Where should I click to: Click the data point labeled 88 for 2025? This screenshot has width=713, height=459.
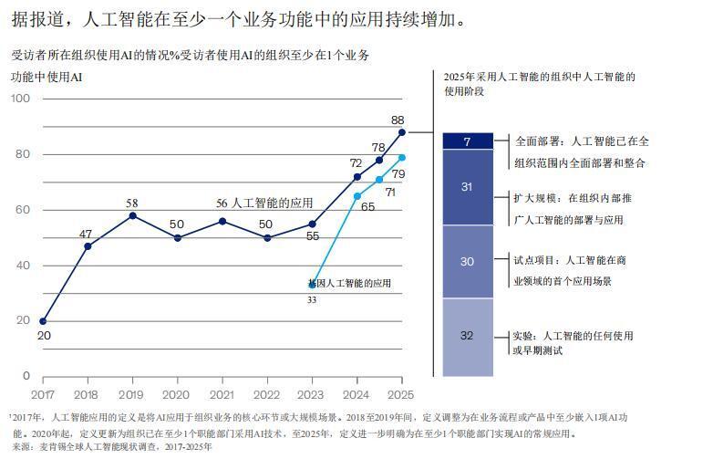tap(402, 132)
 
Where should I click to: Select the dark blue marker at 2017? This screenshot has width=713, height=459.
tap(43, 321)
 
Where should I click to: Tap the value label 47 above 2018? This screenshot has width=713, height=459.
tap(86, 235)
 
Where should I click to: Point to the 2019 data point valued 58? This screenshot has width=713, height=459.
tap(132, 215)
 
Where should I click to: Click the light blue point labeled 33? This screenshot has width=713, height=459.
tap(312, 284)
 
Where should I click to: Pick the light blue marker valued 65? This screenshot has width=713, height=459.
tap(357, 196)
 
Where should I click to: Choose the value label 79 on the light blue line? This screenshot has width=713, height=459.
tap(398, 173)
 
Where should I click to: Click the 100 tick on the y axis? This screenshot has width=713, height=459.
tap(21, 99)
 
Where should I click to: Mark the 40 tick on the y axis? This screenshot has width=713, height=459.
tap(24, 266)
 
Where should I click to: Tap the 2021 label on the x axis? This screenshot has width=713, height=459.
tap(222, 394)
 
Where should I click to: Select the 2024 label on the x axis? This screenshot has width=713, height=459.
tap(356, 394)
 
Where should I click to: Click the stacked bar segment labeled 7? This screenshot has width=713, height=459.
tap(467, 141)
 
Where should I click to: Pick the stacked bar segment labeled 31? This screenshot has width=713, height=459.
tap(467, 187)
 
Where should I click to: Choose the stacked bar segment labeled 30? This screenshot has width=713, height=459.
tap(467, 261)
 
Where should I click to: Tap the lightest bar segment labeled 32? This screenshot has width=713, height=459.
tap(467, 336)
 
